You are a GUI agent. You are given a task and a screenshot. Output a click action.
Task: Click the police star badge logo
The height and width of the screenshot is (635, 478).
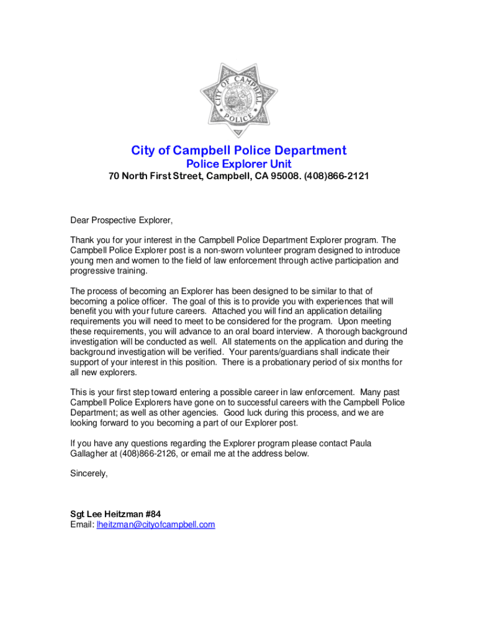pyautogui.click(x=238, y=100)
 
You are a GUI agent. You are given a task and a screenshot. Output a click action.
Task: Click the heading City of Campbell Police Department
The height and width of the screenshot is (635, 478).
pyautogui.click(x=238, y=151)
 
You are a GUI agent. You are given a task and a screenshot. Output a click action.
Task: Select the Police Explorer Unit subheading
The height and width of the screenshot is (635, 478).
pyautogui.click(x=239, y=164)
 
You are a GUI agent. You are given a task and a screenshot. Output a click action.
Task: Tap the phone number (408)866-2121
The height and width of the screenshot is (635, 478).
pyautogui.click(x=337, y=177)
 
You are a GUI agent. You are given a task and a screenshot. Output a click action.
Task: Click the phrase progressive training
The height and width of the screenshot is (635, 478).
pyautogui.click(x=109, y=270)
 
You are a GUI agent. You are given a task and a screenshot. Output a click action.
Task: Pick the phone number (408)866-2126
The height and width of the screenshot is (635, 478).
pyautogui.click(x=149, y=453)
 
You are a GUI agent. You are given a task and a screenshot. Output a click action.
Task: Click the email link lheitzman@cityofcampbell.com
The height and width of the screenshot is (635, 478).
pyautogui.click(x=155, y=525)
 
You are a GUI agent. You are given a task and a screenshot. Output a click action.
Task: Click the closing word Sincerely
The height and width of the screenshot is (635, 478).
pyautogui.click(x=89, y=473)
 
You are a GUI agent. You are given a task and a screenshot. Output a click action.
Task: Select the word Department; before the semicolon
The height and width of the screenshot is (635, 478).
pyautogui.click(x=94, y=412)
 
